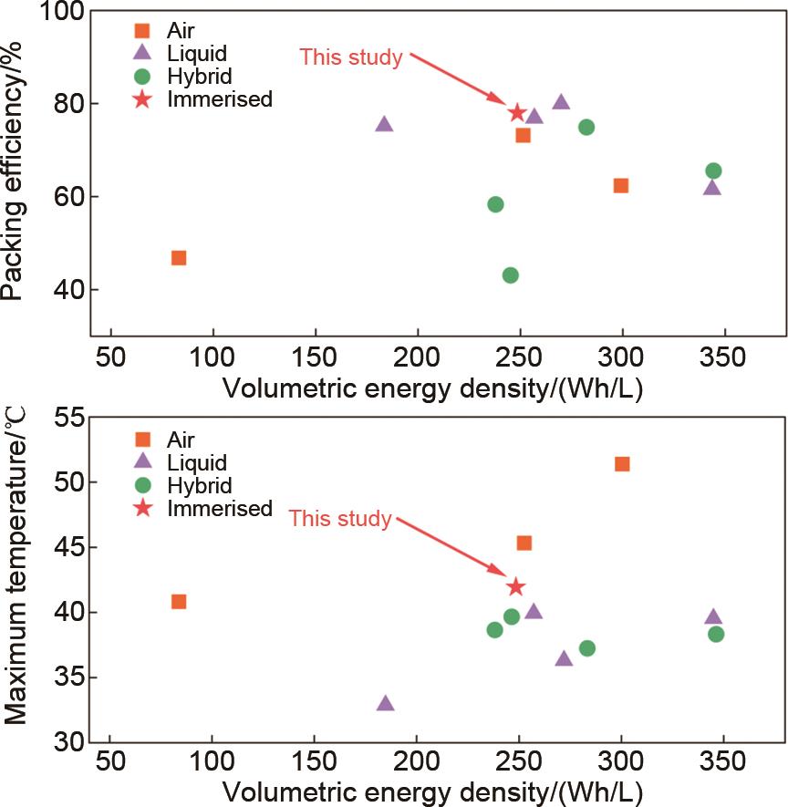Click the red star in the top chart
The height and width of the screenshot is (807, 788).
[517, 112]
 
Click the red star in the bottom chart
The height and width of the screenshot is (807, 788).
[516, 586]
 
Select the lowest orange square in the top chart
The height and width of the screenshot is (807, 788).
[179, 258]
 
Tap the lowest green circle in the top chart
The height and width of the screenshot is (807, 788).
[511, 275]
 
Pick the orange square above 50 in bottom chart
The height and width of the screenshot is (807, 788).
[622, 464]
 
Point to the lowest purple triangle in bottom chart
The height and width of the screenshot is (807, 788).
[386, 703]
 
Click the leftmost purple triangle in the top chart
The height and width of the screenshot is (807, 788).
[384, 124]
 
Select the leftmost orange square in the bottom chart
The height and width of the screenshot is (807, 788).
[179, 601]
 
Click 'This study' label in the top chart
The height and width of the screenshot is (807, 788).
[351, 57]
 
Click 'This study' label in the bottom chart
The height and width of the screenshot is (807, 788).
[340, 519]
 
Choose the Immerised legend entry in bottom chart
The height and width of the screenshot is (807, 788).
[219, 508]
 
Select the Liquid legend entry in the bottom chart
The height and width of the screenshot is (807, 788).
[197, 462]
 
